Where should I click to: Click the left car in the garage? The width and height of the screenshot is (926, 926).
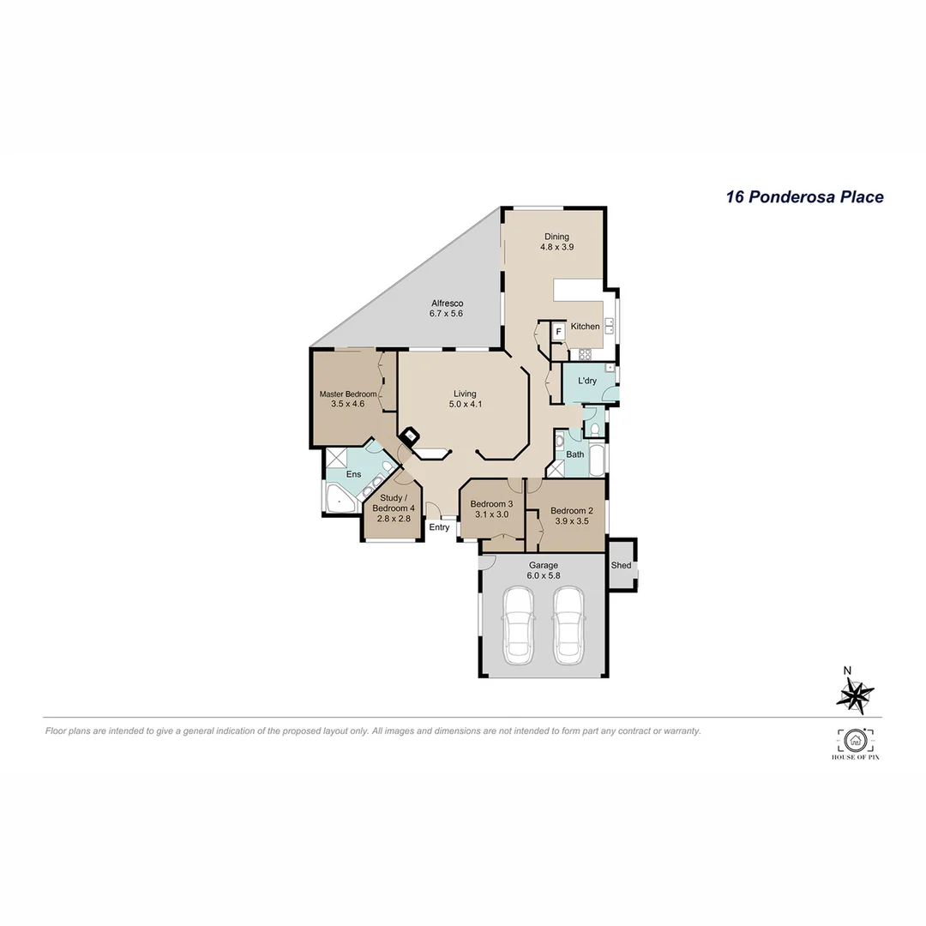(x=519, y=624)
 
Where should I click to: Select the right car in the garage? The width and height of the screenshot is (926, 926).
(x=568, y=624)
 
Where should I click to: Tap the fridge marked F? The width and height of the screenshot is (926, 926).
(x=558, y=331)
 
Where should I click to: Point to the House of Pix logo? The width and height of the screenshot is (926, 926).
(x=854, y=744)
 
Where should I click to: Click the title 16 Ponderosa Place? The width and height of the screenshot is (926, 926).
(x=804, y=197)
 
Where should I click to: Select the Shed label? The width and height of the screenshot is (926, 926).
(x=621, y=566)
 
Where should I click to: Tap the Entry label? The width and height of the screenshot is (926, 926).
(x=439, y=527)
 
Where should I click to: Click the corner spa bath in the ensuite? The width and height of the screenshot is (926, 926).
(x=340, y=498)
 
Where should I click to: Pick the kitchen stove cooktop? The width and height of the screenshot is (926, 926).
(x=586, y=354)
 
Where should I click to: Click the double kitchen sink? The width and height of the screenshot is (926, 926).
(x=610, y=325)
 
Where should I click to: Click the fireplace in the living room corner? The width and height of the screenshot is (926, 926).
(x=411, y=436)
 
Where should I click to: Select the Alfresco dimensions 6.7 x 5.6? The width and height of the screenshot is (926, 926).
(x=446, y=315)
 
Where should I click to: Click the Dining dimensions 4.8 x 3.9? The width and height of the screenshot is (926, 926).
(x=556, y=247)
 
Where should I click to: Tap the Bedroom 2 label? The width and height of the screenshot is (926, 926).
(x=572, y=510)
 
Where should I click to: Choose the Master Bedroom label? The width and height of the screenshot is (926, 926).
(x=347, y=394)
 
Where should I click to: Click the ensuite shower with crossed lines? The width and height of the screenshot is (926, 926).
(x=335, y=456)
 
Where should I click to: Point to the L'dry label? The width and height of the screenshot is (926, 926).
(x=587, y=381)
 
